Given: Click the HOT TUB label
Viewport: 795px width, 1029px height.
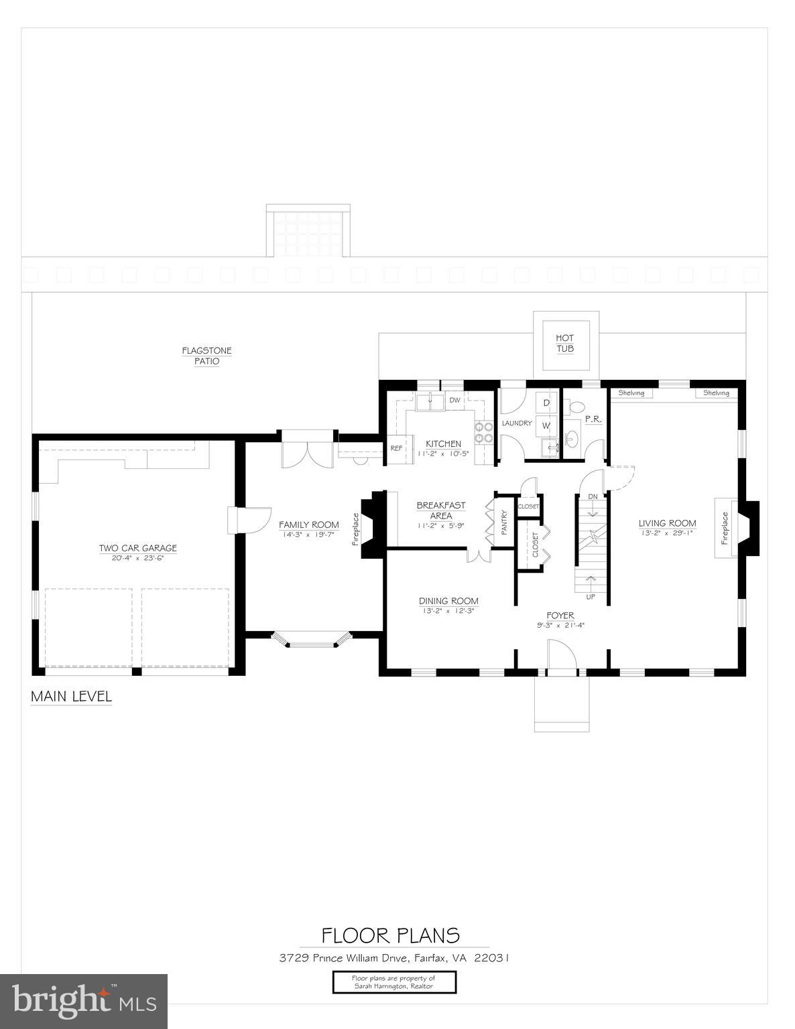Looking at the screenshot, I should (564, 344).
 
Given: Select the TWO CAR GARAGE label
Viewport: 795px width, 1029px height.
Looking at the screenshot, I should (138, 548).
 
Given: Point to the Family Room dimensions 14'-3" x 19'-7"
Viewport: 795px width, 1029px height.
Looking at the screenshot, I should (309, 535).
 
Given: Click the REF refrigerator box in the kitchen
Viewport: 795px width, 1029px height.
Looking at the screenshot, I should (396, 448).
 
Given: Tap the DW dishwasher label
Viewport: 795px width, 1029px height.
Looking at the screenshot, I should (454, 401).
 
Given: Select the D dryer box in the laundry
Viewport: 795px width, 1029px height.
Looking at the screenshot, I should (546, 403).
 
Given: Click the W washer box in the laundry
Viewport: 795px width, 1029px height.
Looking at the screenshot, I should (546, 425).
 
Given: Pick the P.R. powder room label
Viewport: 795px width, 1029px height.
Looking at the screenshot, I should (593, 419).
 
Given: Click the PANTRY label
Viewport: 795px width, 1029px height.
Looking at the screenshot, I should (504, 523).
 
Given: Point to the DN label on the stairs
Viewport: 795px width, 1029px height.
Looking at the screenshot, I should (593, 496).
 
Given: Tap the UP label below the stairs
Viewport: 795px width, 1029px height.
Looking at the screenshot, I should (591, 596).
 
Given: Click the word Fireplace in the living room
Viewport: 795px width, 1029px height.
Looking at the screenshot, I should (725, 528).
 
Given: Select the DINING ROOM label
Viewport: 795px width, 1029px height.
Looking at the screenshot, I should (448, 601).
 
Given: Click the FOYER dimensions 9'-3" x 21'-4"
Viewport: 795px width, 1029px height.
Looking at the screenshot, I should (560, 626).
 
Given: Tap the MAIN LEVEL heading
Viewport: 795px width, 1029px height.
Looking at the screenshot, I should (71, 697).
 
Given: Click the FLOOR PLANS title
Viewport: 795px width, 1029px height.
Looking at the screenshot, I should (391, 935).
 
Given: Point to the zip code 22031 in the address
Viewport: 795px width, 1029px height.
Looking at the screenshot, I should (492, 958).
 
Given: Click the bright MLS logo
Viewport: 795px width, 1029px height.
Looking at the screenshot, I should (84, 1002).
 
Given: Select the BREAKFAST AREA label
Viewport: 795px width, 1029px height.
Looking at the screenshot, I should (440, 510).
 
